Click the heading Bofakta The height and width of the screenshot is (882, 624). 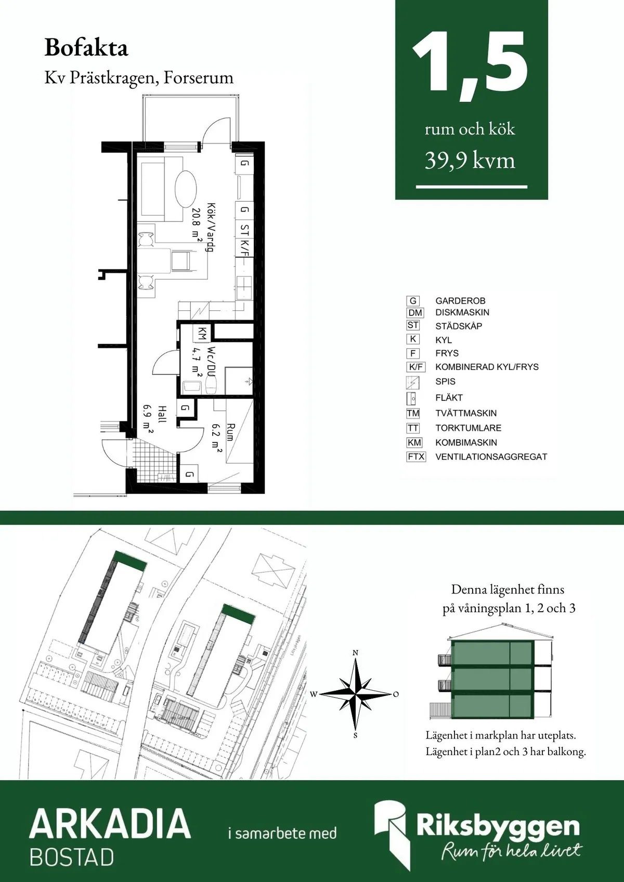(86, 48)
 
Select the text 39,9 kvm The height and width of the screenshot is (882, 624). (470, 161)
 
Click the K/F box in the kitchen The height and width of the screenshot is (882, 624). (244, 248)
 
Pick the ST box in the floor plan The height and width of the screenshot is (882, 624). (244, 229)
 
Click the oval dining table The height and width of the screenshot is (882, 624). (186, 189)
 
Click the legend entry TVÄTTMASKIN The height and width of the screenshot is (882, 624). (466, 413)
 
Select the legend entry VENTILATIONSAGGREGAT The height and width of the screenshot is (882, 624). (491, 457)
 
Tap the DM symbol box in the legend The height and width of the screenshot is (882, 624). (415, 312)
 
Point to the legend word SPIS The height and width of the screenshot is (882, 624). (445, 381)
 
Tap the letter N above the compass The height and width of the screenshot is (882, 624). (355, 653)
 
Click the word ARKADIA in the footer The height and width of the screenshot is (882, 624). (110, 824)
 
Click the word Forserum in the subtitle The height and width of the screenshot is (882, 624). (198, 78)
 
